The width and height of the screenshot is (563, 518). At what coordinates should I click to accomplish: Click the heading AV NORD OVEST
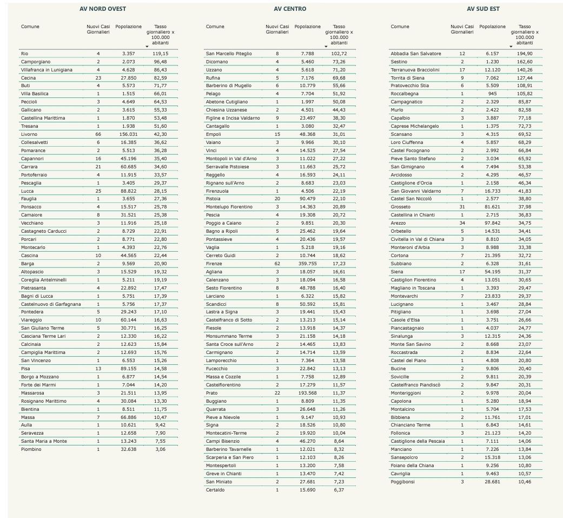(x=103, y=9)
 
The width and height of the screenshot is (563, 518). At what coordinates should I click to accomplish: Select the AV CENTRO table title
(x=290, y=9)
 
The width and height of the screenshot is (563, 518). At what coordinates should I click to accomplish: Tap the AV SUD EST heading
(x=483, y=9)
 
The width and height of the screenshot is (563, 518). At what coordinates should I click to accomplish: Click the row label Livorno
(x=29, y=134)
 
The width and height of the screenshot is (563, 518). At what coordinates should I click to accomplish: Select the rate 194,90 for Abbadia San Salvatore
(x=524, y=54)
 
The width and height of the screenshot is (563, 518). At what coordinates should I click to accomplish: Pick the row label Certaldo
(x=215, y=490)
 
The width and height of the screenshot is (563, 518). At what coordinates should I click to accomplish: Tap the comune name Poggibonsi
(x=403, y=482)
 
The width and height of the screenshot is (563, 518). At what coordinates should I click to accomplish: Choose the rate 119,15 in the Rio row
(x=160, y=54)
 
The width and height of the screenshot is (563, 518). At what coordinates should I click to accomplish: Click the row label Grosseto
(x=401, y=207)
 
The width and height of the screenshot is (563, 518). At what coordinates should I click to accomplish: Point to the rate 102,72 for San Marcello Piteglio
(x=339, y=54)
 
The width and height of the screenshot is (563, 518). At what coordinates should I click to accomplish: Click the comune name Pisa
(x=25, y=369)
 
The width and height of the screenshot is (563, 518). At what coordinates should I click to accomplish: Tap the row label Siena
(x=398, y=272)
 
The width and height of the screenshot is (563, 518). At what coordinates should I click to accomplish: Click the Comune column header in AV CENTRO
(x=215, y=27)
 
